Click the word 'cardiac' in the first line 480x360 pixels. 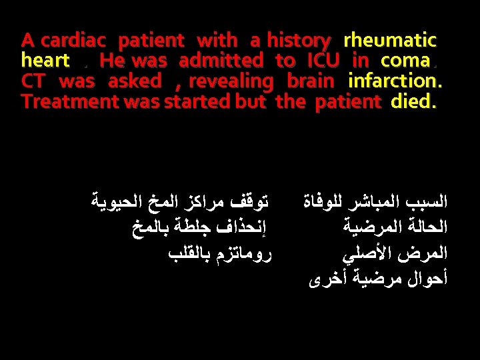(76, 41)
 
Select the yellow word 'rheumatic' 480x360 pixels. (389, 41)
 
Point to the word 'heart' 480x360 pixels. (45, 61)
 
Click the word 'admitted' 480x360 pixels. (221, 61)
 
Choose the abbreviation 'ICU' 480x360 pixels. (323, 61)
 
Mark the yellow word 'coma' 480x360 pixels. (405, 61)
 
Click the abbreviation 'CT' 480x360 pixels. (33, 81)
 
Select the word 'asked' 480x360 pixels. (135, 81)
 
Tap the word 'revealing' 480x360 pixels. (231, 81)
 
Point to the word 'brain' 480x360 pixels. (311, 81)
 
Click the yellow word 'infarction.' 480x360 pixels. (395, 81)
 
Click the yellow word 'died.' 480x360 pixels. (415, 101)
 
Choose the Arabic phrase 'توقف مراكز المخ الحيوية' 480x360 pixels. (177, 199)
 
